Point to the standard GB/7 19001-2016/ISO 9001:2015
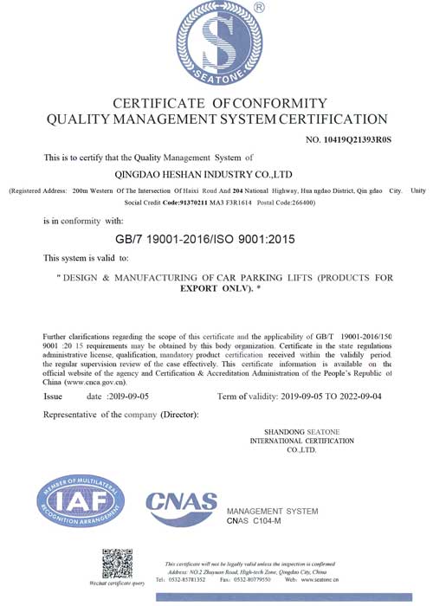pos(216,236)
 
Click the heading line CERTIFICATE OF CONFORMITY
pos(216,103)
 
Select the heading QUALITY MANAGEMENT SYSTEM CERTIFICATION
pos(216,119)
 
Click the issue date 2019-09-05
pos(128,396)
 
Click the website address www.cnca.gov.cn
pos(94,381)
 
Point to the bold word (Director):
pos(184,416)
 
